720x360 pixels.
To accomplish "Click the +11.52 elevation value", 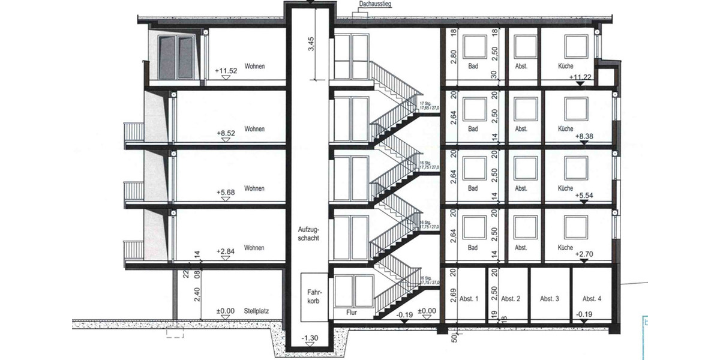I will (x=226, y=70).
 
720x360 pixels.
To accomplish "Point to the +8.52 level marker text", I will (x=226, y=130).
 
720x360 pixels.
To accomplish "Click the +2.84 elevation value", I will (x=226, y=251).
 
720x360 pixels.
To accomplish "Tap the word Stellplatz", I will (x=256, y=311).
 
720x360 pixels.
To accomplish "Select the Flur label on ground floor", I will (x=352, y=313).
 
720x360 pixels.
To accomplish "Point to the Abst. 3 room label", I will (x=549, y=299).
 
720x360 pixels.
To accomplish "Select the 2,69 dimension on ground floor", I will (x=454, y=296).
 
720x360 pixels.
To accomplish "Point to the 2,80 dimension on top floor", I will (x=454, y=58).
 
